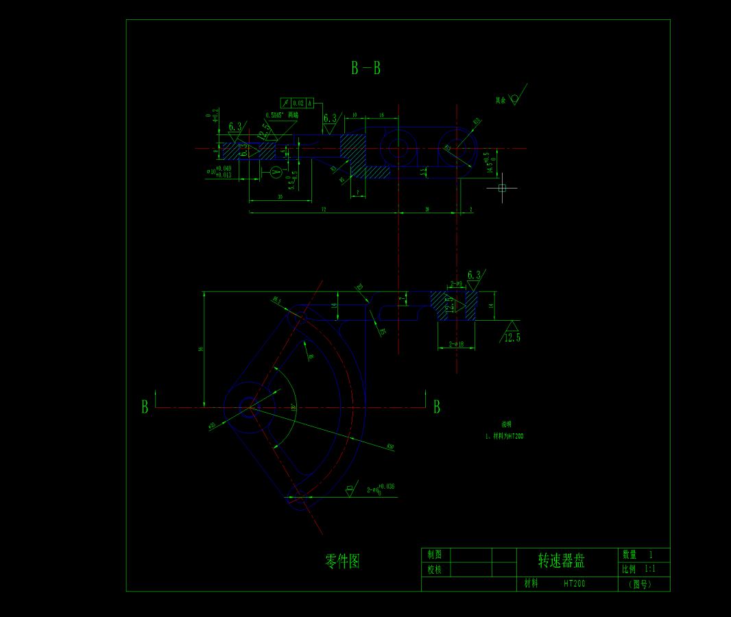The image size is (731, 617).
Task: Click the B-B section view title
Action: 365,68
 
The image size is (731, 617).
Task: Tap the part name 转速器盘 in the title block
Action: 561,561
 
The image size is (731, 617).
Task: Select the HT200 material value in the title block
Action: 575,584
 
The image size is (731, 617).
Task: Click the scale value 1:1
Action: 650,569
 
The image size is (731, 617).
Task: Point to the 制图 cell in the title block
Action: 435,555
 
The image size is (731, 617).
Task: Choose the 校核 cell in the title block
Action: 435,569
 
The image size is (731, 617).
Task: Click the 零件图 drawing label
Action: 342,561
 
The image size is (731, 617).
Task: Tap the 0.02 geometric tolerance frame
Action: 298,103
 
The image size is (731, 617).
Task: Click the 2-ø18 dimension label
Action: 457,344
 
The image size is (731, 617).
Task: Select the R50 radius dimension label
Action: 390,447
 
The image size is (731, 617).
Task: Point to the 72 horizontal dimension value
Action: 323,208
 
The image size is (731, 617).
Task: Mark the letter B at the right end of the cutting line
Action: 437,407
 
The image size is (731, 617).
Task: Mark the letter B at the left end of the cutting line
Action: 145,407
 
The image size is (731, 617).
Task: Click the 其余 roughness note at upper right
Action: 501,100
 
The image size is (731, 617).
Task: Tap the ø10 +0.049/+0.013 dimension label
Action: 219,171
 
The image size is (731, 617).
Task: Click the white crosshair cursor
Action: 502,188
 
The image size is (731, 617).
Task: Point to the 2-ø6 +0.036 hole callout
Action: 381,488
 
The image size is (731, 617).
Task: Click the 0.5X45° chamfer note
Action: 282,115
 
